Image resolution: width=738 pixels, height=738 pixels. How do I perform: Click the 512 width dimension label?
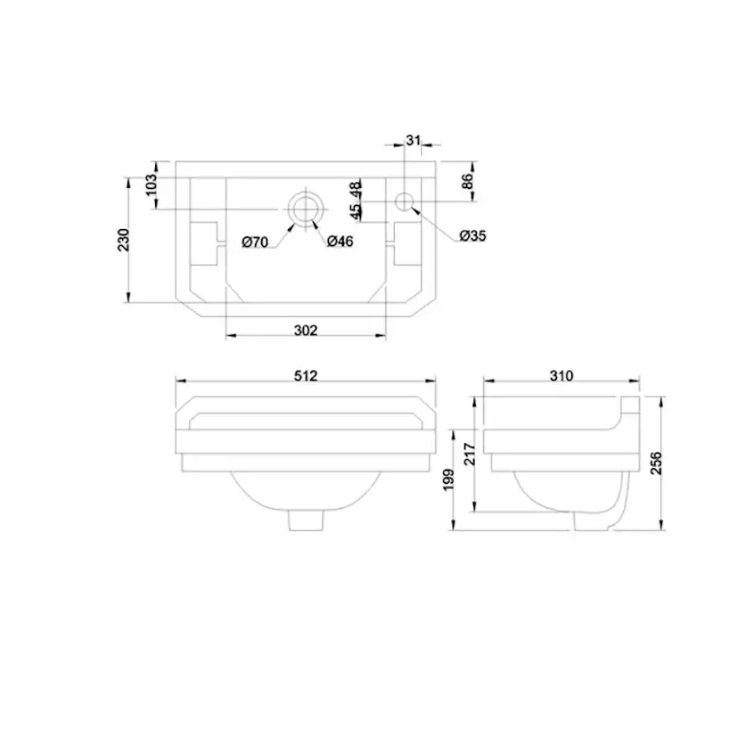306,375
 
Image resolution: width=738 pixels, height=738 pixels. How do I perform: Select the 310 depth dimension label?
561,375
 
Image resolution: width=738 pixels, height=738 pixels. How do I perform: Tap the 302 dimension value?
306,331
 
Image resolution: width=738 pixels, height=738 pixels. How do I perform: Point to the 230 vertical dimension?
123,240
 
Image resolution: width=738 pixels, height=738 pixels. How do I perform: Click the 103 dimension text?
151,185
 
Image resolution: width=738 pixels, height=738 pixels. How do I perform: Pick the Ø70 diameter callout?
255,242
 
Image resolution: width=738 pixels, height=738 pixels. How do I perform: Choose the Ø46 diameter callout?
340,242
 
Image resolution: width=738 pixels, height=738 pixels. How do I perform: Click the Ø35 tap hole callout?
473,235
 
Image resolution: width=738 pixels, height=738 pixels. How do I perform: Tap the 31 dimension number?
413,140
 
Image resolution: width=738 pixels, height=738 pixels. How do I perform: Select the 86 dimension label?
467,181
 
